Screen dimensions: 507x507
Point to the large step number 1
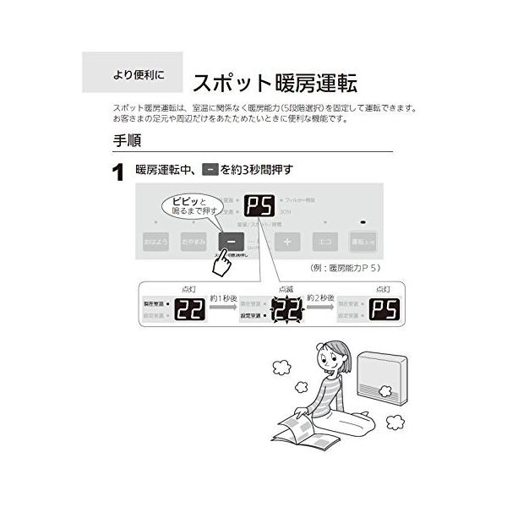pos(119,174)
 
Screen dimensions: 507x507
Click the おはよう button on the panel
pos(155,242)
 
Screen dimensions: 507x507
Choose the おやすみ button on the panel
pos(193,242)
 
